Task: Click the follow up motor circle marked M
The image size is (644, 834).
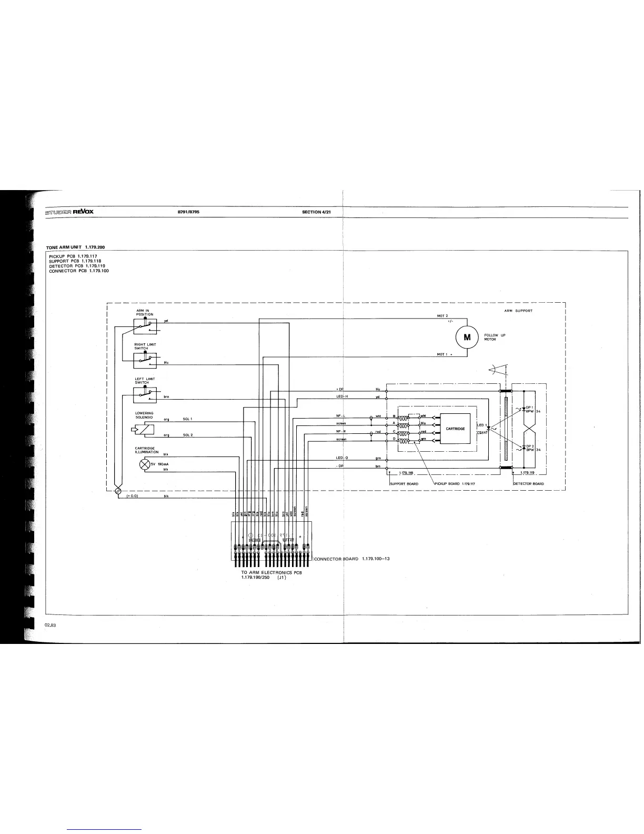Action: (x=467, y=337)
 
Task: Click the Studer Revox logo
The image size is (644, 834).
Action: (x=69, y=212)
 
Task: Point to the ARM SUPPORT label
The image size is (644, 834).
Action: (x=518, y=311)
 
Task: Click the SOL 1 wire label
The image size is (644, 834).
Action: (x=188, y=419)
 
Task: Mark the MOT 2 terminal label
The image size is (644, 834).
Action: (x=442, y=316)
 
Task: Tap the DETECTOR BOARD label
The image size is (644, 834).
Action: (x=529, y=483)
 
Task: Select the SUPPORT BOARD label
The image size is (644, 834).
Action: (x=404, y=483)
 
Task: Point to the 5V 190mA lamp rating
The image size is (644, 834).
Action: (x=159, y=464)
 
